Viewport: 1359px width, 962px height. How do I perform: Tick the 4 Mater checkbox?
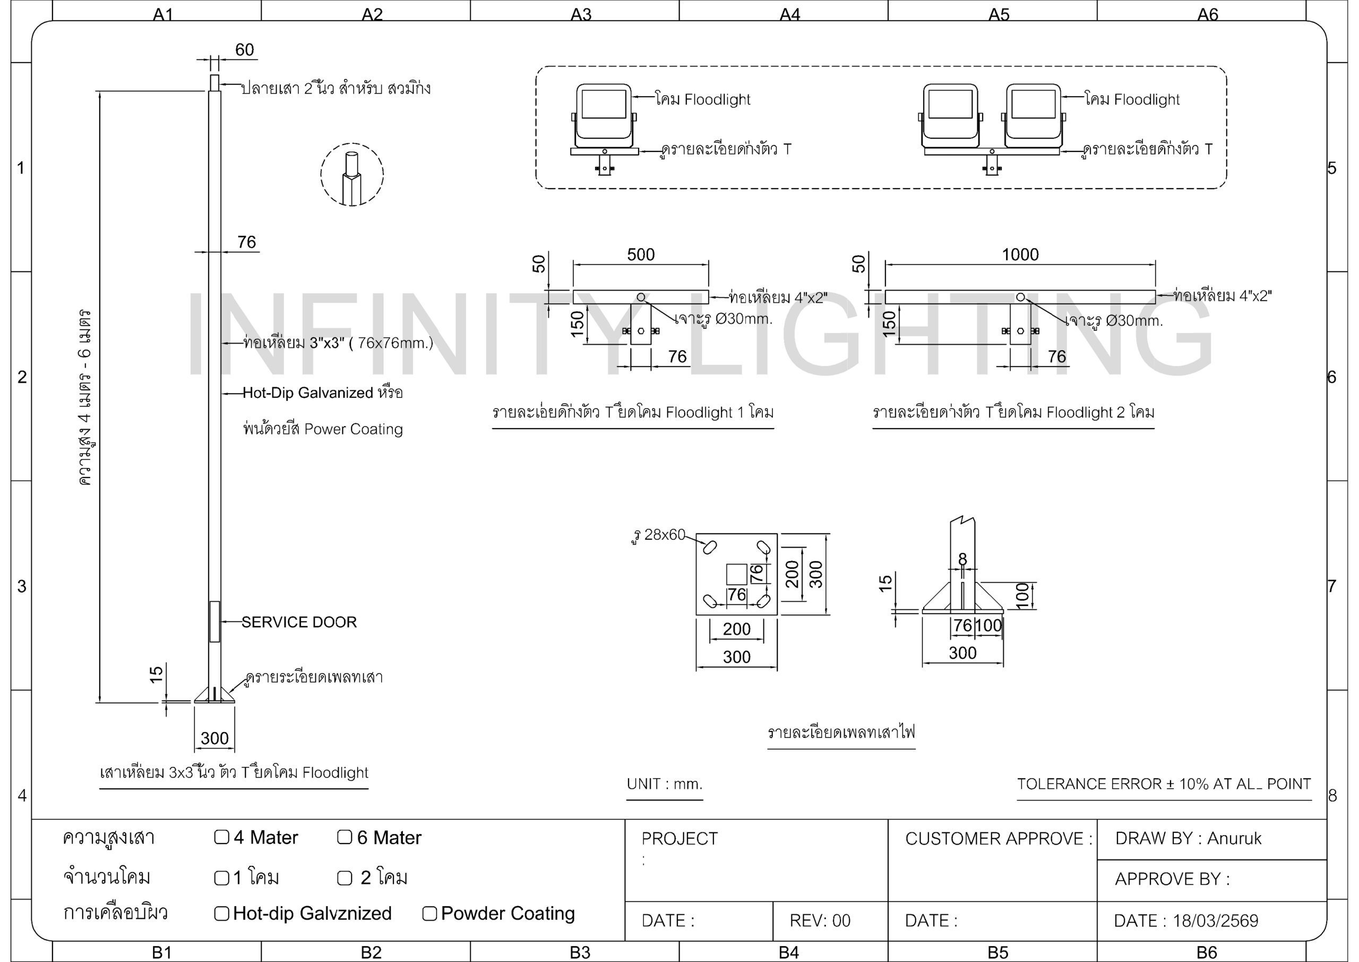pyautogui.click(x=221, y=837)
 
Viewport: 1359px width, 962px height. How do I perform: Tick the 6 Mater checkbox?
pyautogui.click(x=345, y=837)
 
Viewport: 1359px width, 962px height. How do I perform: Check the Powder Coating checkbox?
pyautogui.click(x=429, y=914)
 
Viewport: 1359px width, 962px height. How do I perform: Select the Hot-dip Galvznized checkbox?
pyautogui.click(x=221, y=914)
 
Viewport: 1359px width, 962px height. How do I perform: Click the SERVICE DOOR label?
pyautogui.click(x=299, y=622)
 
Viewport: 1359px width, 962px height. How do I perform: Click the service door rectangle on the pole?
pyautogui.click(x=215, y=622)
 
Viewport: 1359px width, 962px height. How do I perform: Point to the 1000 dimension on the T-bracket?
pyautogui.click(x=1020, y=255)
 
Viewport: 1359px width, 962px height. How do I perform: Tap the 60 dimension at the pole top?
pyautogui.click(x=244, y=50)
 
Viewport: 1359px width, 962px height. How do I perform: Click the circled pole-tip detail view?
pyautogui.click(x=352, y=174)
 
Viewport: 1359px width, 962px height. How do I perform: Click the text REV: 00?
pyautogui.click(x=820, y=921)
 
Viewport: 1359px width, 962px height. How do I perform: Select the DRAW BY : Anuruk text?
pyautogui.click(x=1188, y=838)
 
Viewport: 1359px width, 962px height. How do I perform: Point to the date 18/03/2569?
pyautogui.click(x=1215, y=921)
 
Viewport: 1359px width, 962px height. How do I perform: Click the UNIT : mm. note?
pyautogui.click(x=665, y=784)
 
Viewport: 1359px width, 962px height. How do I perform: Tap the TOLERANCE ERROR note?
pyautogui.click(x=1164, y=784)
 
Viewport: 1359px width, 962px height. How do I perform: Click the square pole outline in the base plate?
pyautogui.click(x=736, y=574)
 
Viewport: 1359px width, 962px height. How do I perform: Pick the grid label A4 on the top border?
pyautogui.click(x=789, y=14)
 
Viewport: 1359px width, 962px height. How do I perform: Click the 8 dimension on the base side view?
pyautogui.click(x=962, y=559)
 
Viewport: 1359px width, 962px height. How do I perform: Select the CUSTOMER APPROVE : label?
pyautogui.click(x=999, y=838)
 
